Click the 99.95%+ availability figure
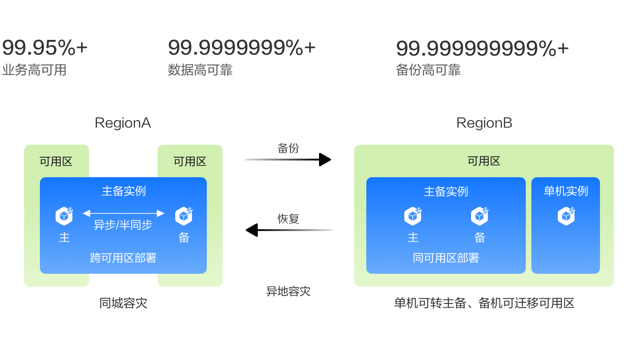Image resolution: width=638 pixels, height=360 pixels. point(45,48)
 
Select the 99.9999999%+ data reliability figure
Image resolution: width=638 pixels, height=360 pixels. point(242,48)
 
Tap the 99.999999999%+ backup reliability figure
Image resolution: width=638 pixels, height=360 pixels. point(482,48)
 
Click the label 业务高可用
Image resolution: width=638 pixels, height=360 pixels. point(34,70)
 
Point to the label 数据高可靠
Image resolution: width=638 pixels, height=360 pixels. point(200,70)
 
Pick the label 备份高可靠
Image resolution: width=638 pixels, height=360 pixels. point(428,70)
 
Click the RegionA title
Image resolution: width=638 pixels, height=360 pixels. point(123,123)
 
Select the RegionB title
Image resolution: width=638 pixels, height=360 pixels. point(484,123)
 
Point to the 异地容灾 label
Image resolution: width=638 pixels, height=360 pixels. point(288,291)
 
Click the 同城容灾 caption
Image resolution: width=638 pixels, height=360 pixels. point(123,303)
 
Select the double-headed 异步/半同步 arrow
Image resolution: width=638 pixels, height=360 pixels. point(123,213)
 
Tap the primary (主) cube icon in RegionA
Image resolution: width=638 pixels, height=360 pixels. point(64,216)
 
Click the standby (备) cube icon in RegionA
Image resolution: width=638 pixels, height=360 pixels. point(184,216)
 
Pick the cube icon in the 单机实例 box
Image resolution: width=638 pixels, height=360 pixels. point(566,216)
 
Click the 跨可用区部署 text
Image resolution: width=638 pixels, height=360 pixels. point(123,258)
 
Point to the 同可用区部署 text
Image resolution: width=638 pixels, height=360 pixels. point(446,258)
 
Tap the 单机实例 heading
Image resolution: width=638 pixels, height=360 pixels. point(566,191)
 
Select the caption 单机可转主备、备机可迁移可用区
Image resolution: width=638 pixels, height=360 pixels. point(484,303)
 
